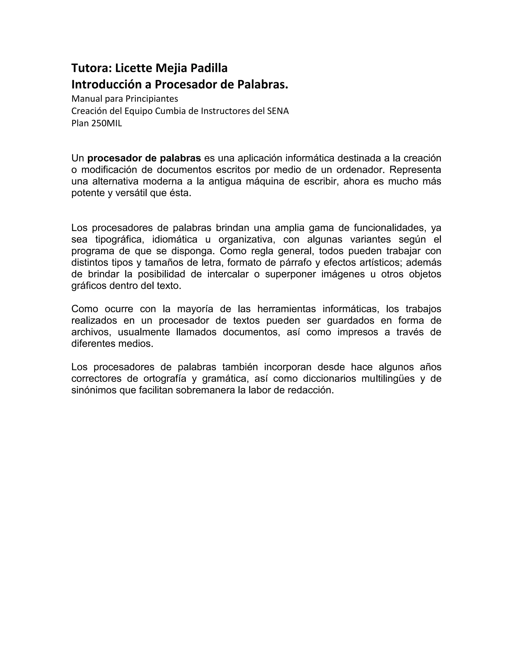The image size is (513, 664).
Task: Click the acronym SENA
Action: [x=278, y=111]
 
